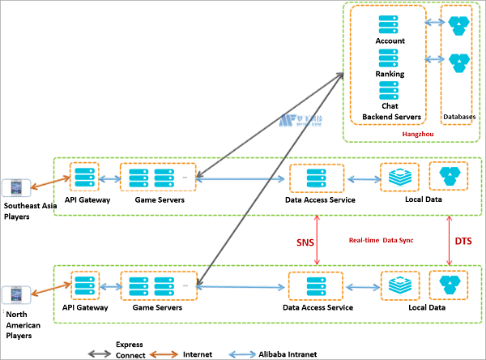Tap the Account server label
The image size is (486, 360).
coord(390,41)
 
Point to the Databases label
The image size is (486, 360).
coord(459,117)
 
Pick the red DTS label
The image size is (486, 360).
coord(463,242)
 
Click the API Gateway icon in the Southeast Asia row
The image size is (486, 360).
coord(85,176)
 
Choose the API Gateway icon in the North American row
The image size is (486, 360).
coord(85,286)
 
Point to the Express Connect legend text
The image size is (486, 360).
coord(130,349)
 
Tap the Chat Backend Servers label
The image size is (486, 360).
coord(390,111)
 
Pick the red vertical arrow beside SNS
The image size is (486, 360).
coord(322,238)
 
